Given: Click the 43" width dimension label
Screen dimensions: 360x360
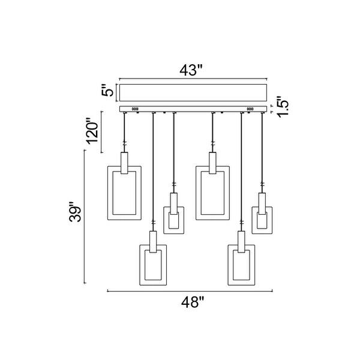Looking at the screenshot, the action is click(x=191, y=70).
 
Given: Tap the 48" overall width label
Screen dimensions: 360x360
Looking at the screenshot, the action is click(x=193, y=302).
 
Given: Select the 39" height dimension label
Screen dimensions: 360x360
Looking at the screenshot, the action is click(x=75, y=212).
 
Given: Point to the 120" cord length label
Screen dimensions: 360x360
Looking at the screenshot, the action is click(x=92, y=131).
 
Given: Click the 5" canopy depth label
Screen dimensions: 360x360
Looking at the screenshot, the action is click(x=107, y=90).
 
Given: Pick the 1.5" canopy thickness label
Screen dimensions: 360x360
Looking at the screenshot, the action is click(x=283, y=107).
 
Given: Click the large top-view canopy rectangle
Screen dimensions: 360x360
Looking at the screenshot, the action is click(x=193, y=92).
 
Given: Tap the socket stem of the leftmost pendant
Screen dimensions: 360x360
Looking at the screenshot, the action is click(x=124, y=163).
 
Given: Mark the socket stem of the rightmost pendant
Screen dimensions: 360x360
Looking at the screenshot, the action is click(x=262, y=203).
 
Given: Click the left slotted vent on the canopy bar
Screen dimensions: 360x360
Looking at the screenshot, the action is click(x=135, y=109).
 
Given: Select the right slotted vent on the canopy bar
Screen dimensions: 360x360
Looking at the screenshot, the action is click(x=250, y=109).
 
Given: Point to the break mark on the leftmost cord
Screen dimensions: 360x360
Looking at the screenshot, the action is click(x=124, y=143).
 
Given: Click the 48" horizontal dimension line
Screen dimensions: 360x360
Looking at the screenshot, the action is click(x=190, y=291).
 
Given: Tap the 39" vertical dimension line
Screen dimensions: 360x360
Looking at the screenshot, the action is click(x=85, y=217).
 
